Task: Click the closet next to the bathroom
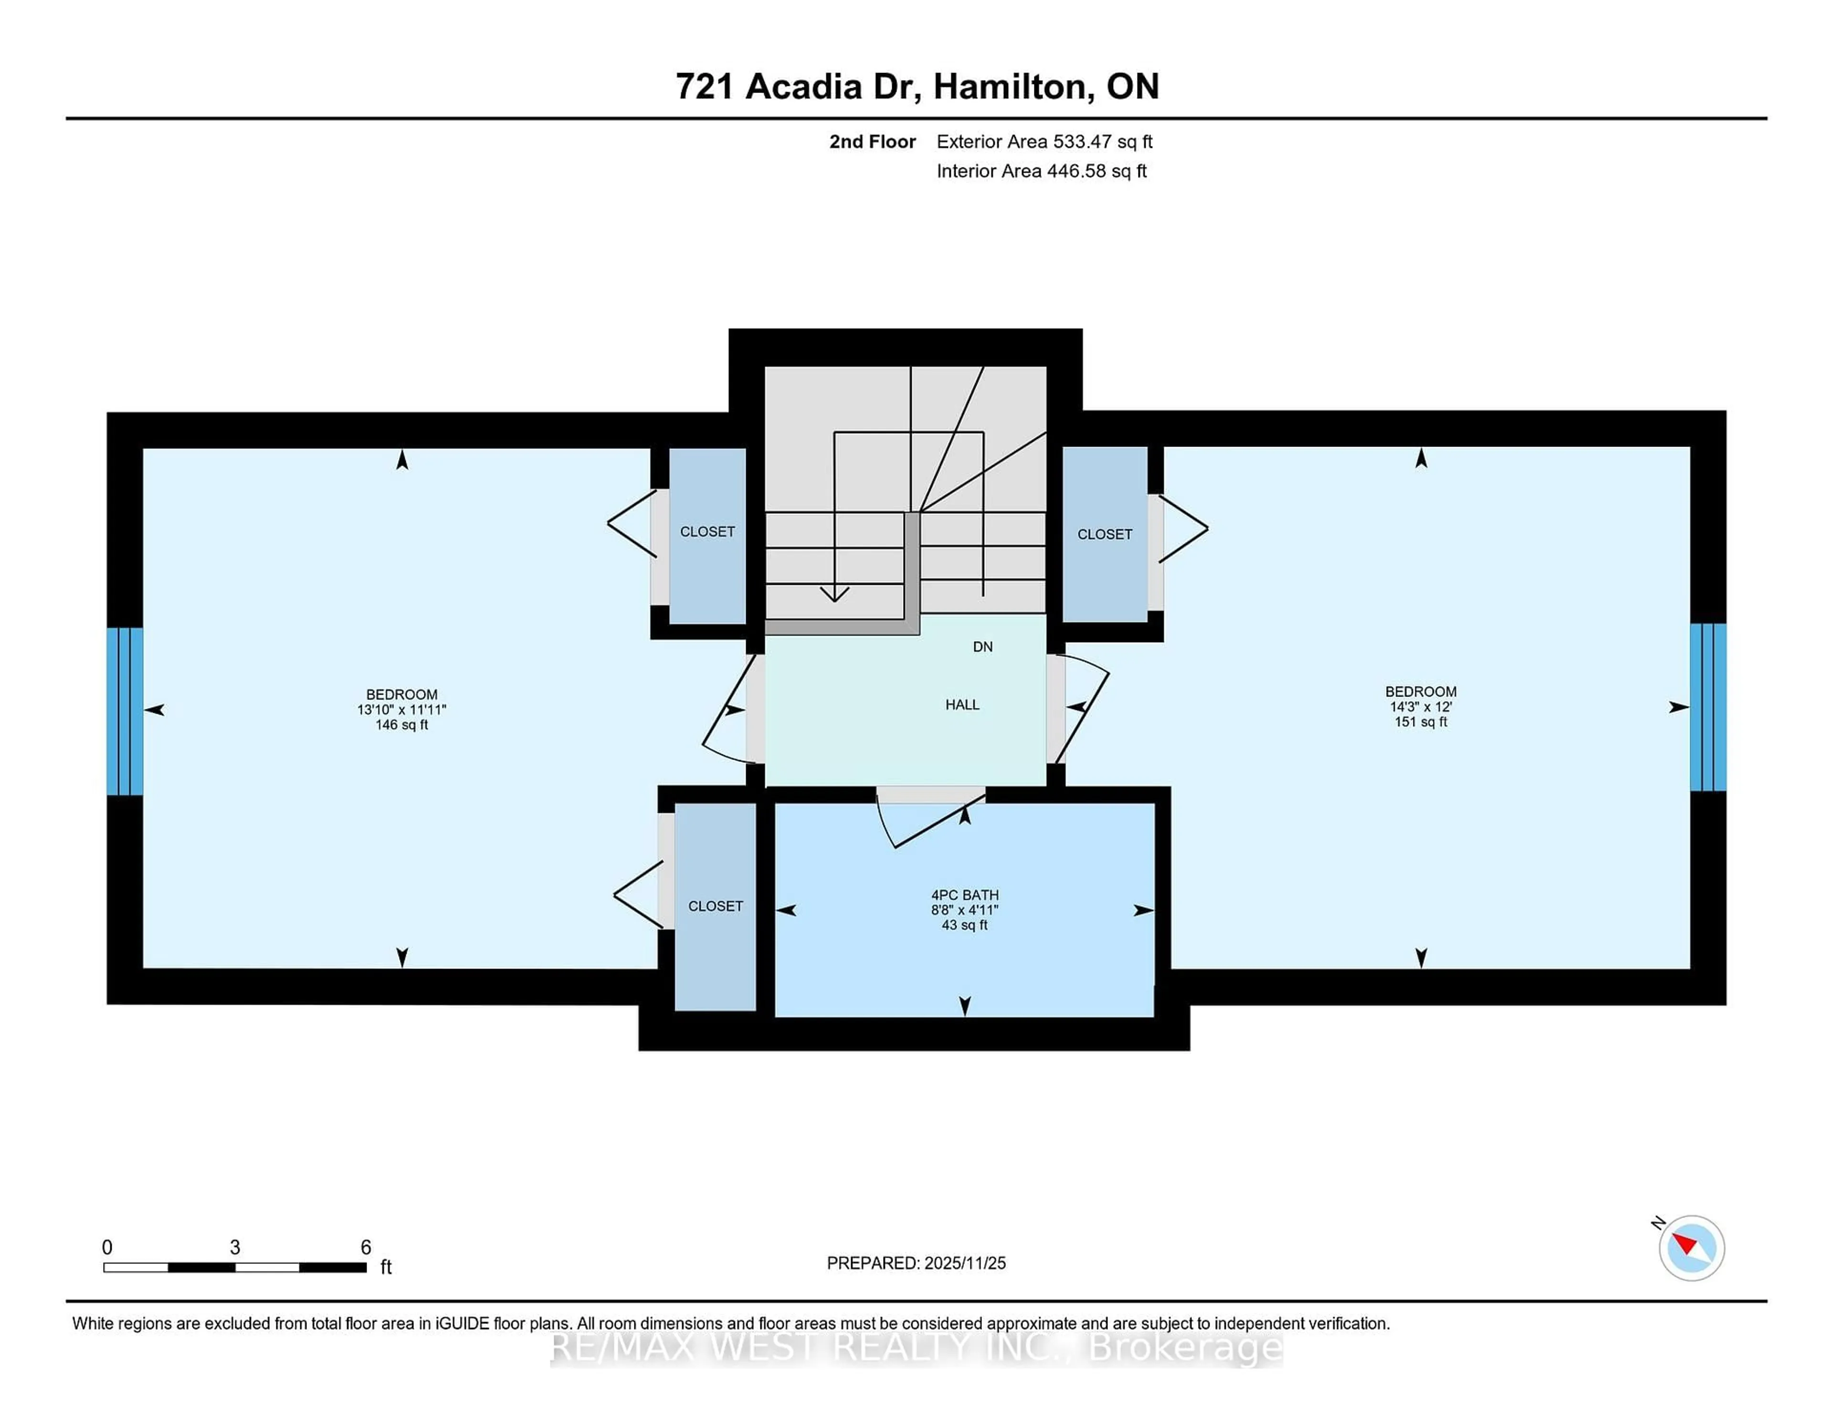[715, 906]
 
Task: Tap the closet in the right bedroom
[1105, 534]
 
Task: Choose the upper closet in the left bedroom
[706, 532]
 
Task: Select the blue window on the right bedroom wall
[1707, 707]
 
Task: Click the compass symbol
[1691, 1248]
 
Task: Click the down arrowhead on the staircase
[834, 594]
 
